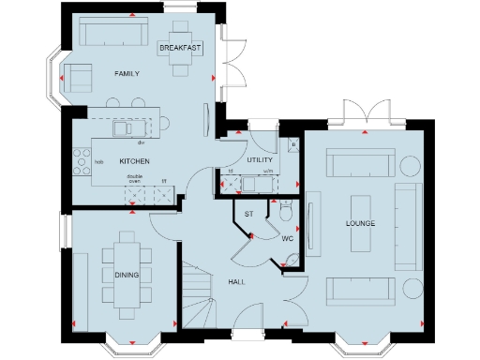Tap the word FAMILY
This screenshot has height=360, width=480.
point(127,73)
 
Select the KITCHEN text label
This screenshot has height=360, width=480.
point(133,161)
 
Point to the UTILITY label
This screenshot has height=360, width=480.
point(259,160)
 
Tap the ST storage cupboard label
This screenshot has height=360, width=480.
point(248,215)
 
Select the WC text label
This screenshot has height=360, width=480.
point(289,239)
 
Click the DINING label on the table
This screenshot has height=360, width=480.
point(127,274)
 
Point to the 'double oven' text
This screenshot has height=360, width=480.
point(135,180)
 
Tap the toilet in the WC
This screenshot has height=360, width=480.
point(287,214)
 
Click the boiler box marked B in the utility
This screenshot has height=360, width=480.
point(293,145)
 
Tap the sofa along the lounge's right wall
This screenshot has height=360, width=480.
point(406,225)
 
